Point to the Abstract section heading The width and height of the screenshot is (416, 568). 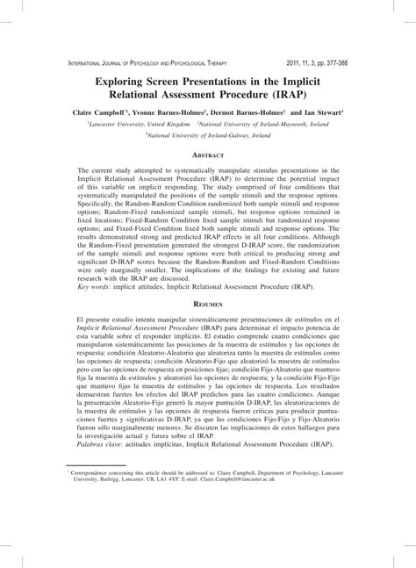[207, 155]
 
